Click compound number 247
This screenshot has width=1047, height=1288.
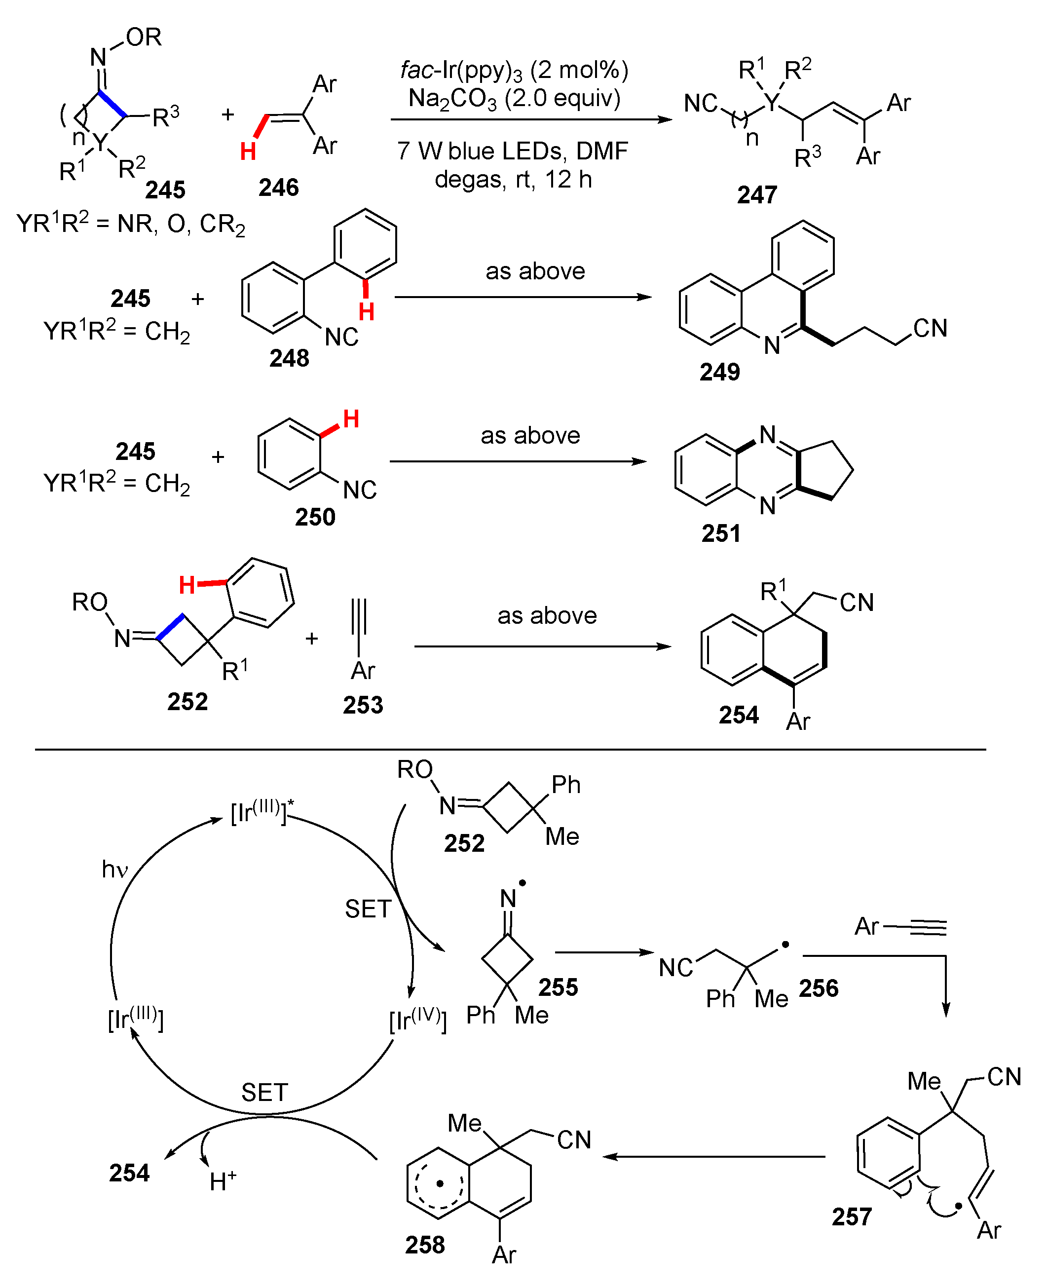[x=757, y=195]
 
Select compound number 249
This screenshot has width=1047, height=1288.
[x=719, y=372]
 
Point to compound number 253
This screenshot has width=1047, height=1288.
[x=363, y=705]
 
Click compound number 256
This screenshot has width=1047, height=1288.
[x=819, y=988]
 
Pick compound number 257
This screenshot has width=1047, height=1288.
[x=852, y=1217]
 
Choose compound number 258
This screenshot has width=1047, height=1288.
[x=425, y=1245]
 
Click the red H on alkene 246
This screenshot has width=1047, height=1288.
[x=248, y=152]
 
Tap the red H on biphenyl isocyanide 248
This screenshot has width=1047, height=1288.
[x=366, y=312]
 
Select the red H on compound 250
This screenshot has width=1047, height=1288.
[x=351, y=418]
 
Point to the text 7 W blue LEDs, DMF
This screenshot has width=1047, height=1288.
[x=513, y=151]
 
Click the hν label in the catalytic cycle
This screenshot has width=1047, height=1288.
[x=114, y=870]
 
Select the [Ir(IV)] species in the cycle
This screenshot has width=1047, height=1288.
[x=418, y=1021]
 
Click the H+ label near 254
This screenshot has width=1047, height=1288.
[x=223, y=1180]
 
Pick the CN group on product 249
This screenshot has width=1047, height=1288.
[x=930, y=329]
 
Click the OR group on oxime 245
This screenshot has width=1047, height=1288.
[x=144, y=38]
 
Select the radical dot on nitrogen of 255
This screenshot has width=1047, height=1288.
[x=523, y=882]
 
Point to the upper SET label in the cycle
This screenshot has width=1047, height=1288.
[x=368, y=909]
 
